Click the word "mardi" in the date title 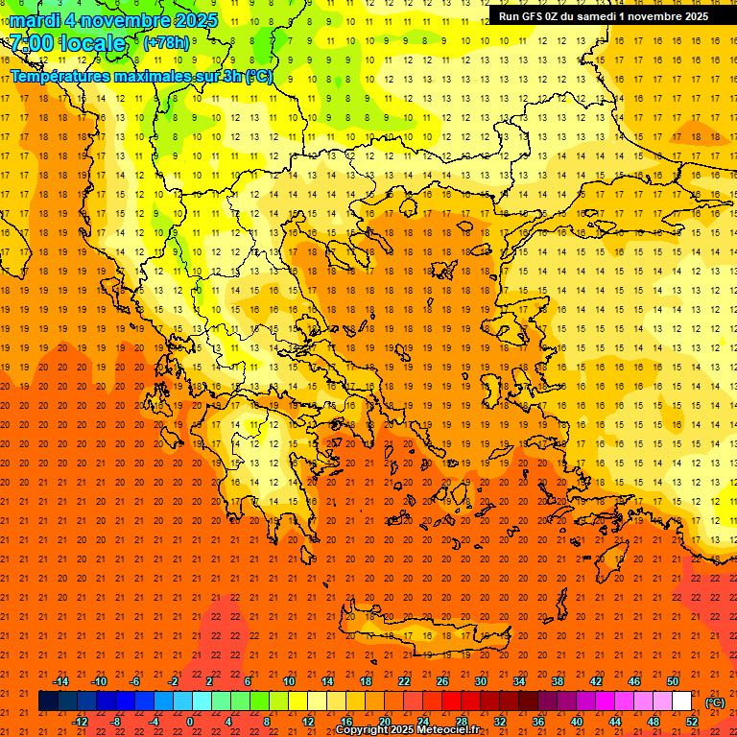(x=35, y=20)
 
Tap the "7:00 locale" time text (x=67, y=43)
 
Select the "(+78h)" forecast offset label (x=166, y=43)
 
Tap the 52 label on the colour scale (x=691, y=722)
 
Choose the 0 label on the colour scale (x=191, y=722)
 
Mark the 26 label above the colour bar (x=442, y=681)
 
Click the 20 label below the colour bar (x=384, y=722)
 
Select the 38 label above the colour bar (x=558, y=681)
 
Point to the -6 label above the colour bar (x=135, y=681)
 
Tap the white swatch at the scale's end (x=681, y=701)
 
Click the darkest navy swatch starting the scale (x=48, y=701)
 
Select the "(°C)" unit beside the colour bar (x=715, y=702)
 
